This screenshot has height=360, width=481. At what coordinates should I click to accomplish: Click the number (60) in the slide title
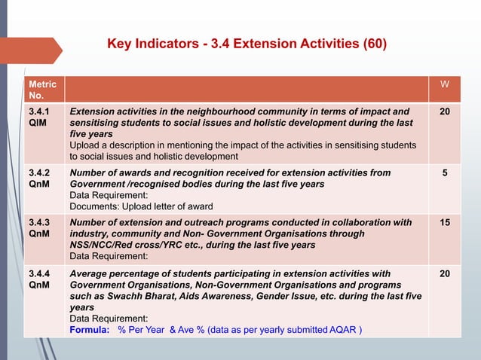(373, 44)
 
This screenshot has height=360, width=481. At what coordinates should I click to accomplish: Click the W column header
(444, 85)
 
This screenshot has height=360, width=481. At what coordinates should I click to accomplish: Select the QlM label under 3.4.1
(38, 123)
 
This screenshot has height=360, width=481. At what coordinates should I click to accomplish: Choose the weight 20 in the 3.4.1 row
(444, 111)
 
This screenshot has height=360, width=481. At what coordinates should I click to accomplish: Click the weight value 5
(444, 172)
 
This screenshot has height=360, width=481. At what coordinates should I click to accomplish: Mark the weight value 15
(444, 223)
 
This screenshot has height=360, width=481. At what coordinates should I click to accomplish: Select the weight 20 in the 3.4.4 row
(444, 273)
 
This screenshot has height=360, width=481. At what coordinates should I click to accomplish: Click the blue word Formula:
(90, 330)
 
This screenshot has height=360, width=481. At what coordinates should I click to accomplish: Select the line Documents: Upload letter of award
(141, 206)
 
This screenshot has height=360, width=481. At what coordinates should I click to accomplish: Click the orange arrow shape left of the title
(30, 50)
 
